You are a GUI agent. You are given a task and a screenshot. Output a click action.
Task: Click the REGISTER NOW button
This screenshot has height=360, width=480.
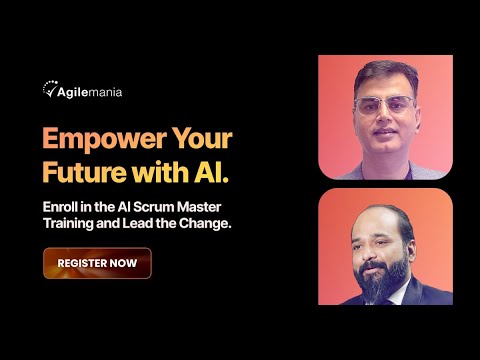(x=97, y=263)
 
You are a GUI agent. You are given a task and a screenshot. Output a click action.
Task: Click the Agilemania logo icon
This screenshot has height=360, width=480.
(x=50, y=89)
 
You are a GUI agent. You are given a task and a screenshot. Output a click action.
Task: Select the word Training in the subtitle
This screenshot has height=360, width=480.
(x=70, y=223)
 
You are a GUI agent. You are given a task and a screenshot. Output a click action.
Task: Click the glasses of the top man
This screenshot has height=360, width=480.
(x=385, y=104)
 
